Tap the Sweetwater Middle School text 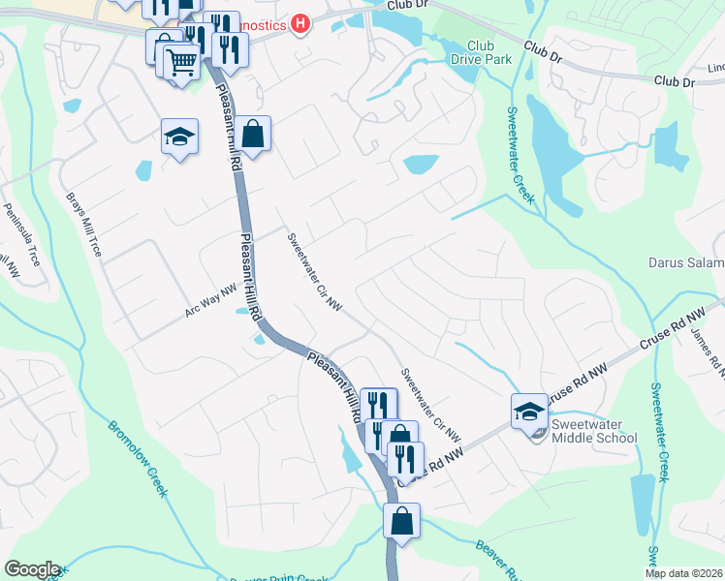(x=594, y=431)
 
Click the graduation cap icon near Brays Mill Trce (x=180, y=138)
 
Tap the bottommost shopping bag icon (x=401, y=522)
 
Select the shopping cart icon (x=181, y=63)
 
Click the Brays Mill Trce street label (x=82, y=222)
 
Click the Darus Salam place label (x=685, y=262)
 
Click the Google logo (x=31, y=569)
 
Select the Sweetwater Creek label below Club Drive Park (x=520, y=153)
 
